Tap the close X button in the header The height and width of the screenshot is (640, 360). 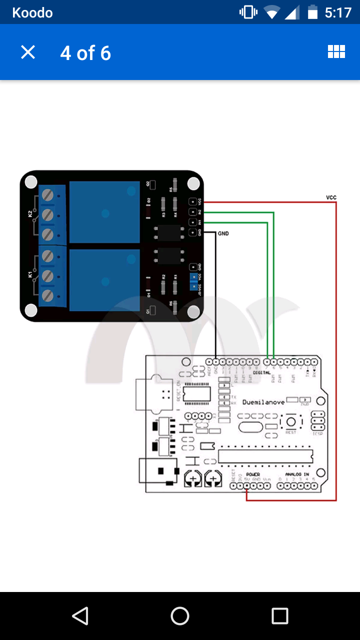(28, 52)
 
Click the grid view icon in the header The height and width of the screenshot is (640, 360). (336, 52)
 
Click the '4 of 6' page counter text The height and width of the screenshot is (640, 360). (85, 53)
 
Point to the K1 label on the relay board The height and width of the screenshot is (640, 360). (30, 274)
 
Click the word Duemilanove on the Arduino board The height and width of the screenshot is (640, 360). (263, 402)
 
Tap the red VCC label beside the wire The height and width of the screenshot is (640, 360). (331, 197)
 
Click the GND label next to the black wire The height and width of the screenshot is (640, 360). (223, 233)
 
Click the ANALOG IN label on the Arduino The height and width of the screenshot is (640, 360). (297, 474)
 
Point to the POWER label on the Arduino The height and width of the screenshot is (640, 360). (253, 474)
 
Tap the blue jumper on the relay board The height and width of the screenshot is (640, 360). (193, 281)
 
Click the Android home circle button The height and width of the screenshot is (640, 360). (180, 616)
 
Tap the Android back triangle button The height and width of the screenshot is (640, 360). (80, 616)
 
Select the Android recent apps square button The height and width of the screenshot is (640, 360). (280, 616)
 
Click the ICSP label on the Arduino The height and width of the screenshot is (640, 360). (317, 433)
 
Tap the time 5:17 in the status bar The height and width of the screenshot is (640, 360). (338, 12)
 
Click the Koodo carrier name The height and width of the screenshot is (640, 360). (32, 12)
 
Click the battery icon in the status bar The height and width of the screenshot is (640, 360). (312, 12)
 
